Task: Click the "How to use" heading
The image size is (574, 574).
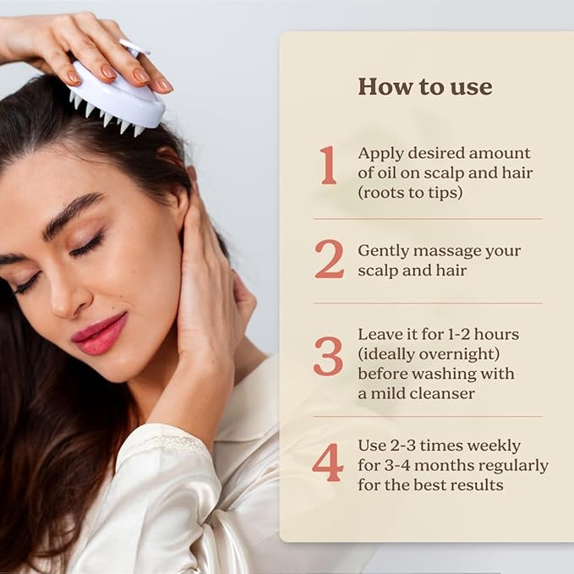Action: [x=425, y=86]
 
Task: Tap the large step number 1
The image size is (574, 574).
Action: [x=328, y=165]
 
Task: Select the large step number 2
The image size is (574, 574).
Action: [x=329, y=260]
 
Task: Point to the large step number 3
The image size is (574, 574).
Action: [x=328, y=356]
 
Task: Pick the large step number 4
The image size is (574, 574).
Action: [x=328, y=462]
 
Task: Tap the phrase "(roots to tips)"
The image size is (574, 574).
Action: [x=410, y=193]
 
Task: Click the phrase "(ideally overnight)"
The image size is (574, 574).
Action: [x=429, y=354]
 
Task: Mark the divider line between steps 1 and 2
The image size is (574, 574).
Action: [x=428, y=219]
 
